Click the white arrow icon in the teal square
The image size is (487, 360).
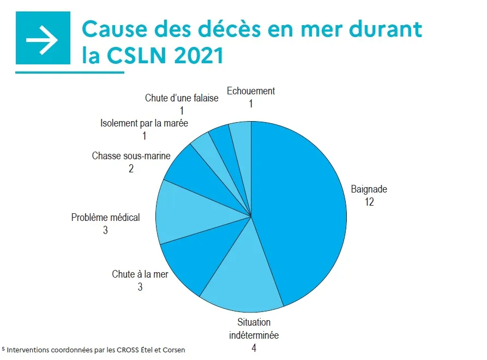click(x=43, y=39)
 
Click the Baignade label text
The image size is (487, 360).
click(x=369, y=190)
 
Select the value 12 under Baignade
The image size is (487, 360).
click(x=370, y=202)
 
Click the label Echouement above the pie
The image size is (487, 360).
click(x=250, y=91)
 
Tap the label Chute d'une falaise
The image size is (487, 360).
click(x=181, y=98)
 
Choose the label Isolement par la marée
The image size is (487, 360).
click(x=144, y=123)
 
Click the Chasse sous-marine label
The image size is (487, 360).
click(x=131, y=156)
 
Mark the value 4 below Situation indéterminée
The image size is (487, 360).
click(x=254, y=347)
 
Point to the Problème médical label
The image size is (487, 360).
click(x=105, y=218)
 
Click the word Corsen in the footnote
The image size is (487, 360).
click(x=174, y=350)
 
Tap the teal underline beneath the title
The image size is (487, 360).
click(x=70, y=72)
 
